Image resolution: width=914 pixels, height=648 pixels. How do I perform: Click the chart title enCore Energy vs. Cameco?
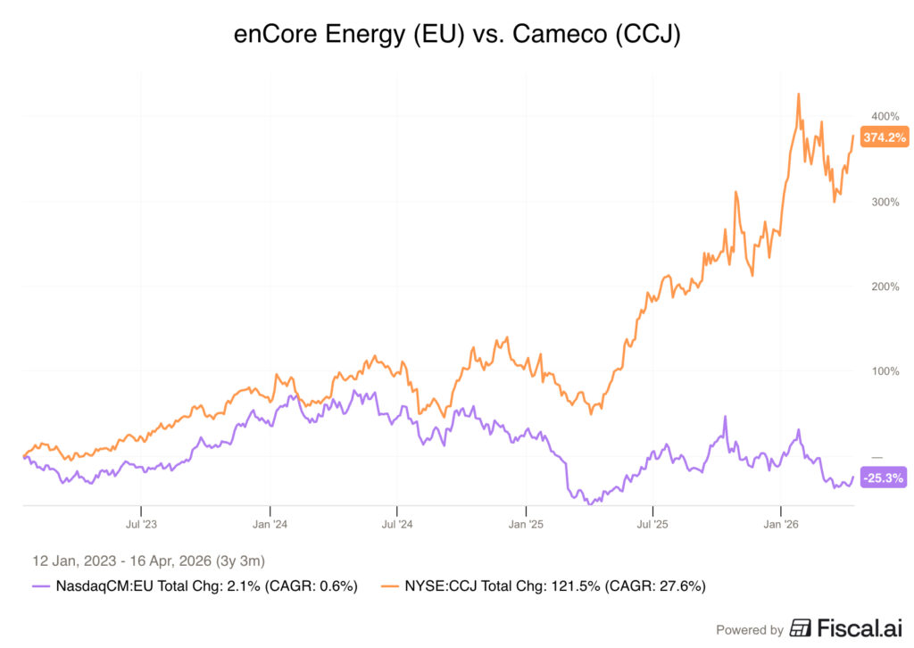tap(456, 35)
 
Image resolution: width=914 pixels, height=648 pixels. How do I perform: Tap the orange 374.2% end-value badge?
tap(885, 137)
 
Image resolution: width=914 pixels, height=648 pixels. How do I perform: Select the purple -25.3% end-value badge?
tap(884, 478)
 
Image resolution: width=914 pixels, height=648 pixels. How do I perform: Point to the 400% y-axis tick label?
tap(885, 117)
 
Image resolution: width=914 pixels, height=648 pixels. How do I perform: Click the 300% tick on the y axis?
tap(885, 202)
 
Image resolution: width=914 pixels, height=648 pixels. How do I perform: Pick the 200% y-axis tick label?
tap(885, 287)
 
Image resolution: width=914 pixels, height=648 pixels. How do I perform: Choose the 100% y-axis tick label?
tap(885, 371)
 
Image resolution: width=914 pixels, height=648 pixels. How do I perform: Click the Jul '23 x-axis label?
tap(141, 524)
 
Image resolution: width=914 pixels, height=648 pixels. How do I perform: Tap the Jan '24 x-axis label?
tap(270, 524)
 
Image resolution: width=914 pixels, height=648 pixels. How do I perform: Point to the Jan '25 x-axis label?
tap(526, 524)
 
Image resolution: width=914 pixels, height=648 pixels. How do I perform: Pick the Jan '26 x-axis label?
tap(781, 524)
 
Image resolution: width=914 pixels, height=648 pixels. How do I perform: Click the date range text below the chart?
tap(148, 561)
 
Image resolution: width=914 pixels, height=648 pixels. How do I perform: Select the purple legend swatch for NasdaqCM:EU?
tap(41, 586)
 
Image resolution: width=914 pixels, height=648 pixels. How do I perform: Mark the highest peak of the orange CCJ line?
tap(798, 93)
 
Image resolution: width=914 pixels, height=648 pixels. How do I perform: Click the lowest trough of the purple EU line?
tap(589, 504)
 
